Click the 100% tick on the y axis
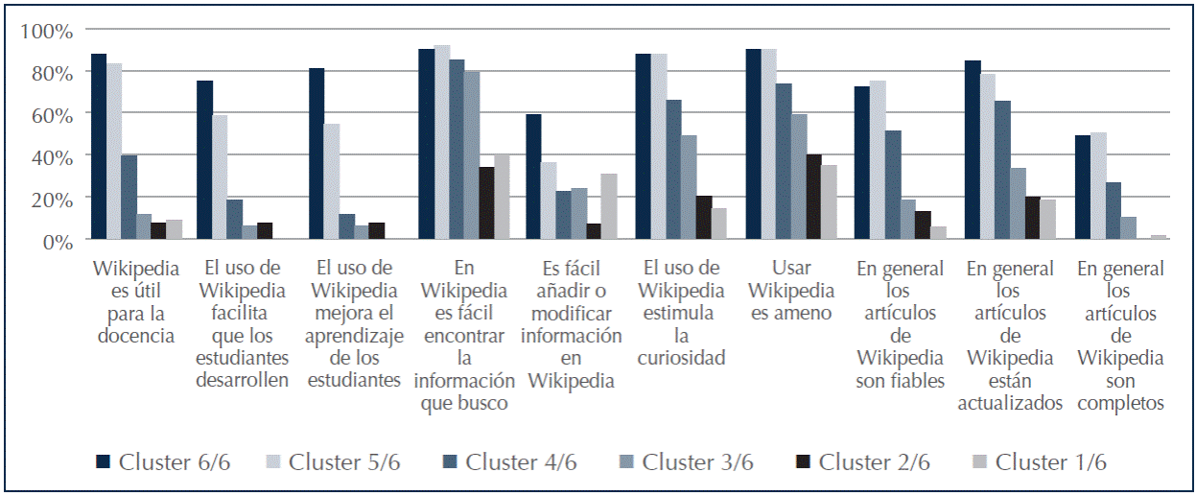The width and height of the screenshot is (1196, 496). [46, 31]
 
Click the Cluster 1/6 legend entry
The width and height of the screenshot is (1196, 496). [1042, 462]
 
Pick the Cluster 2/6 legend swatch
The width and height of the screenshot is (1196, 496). [803, 462]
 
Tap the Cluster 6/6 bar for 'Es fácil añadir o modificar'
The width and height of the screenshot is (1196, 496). [533, 177]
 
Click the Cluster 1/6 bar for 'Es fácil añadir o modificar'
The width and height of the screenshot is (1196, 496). [608, 206]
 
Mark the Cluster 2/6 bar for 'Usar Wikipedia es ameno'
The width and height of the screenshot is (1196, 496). [813, 197]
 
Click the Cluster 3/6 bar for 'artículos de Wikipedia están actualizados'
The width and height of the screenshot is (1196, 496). [1019, 203]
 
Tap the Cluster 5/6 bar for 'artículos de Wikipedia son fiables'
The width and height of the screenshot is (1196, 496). [877, 159]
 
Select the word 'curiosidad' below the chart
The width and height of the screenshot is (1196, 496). [681, 359]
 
